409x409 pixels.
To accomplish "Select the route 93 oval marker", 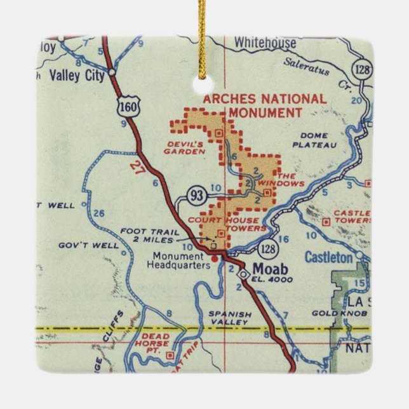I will pyautogui.click(x=196, y=194).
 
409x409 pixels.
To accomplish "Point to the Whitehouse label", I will pyautogui.click(x=264, y=43).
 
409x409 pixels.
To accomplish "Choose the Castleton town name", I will pyautogui.click(x=328, y=257).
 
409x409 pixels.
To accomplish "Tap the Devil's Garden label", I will pyautogui.click(x=184, y=148).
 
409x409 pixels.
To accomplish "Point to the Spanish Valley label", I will pyautogui.click(x=231, y=318).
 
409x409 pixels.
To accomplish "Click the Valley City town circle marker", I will pyautogui.click(x=112, y=72).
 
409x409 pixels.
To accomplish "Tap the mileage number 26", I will pyautogui.click(x=98, y=212).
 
